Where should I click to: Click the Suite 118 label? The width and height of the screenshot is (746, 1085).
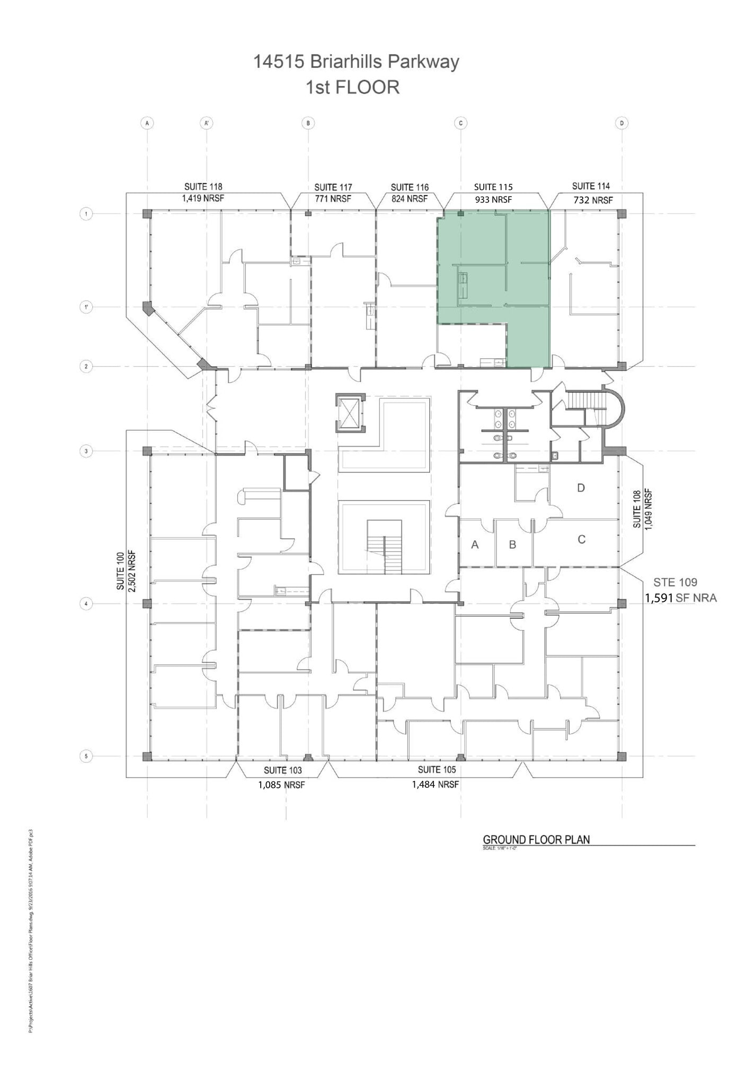[x=203, y=186]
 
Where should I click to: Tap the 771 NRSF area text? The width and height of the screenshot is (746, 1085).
[x=333, y=199]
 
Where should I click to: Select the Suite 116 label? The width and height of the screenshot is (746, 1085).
[x=410, y=187]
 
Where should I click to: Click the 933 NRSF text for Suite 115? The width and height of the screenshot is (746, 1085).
[x=493, y=200]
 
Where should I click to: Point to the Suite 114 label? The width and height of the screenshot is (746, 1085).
[x=591, y=186]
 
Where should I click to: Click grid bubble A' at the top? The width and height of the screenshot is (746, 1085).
[x=207, y=123]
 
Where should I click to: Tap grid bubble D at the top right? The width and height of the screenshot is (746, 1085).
[x=621, y=123]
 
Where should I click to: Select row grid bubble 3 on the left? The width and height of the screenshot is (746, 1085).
[x=85, y=451]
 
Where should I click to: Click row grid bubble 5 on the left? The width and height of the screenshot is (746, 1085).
[x=85, y=757]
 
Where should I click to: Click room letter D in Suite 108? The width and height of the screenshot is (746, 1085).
[x=581, y=487]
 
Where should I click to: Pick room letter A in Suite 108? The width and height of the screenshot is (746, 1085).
[x=475, y=544]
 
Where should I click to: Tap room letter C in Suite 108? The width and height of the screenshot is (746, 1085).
[x=581, y=539]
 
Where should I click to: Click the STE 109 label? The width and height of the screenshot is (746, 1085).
[x=675, y=582]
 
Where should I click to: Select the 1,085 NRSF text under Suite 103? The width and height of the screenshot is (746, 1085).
[x=281, y=785]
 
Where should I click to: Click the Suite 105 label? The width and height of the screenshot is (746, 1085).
[x=437, y=769]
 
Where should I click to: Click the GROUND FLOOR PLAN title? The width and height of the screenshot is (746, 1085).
[x=536, y=839]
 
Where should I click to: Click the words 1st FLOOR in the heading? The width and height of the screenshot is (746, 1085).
[x=352, y=87]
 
